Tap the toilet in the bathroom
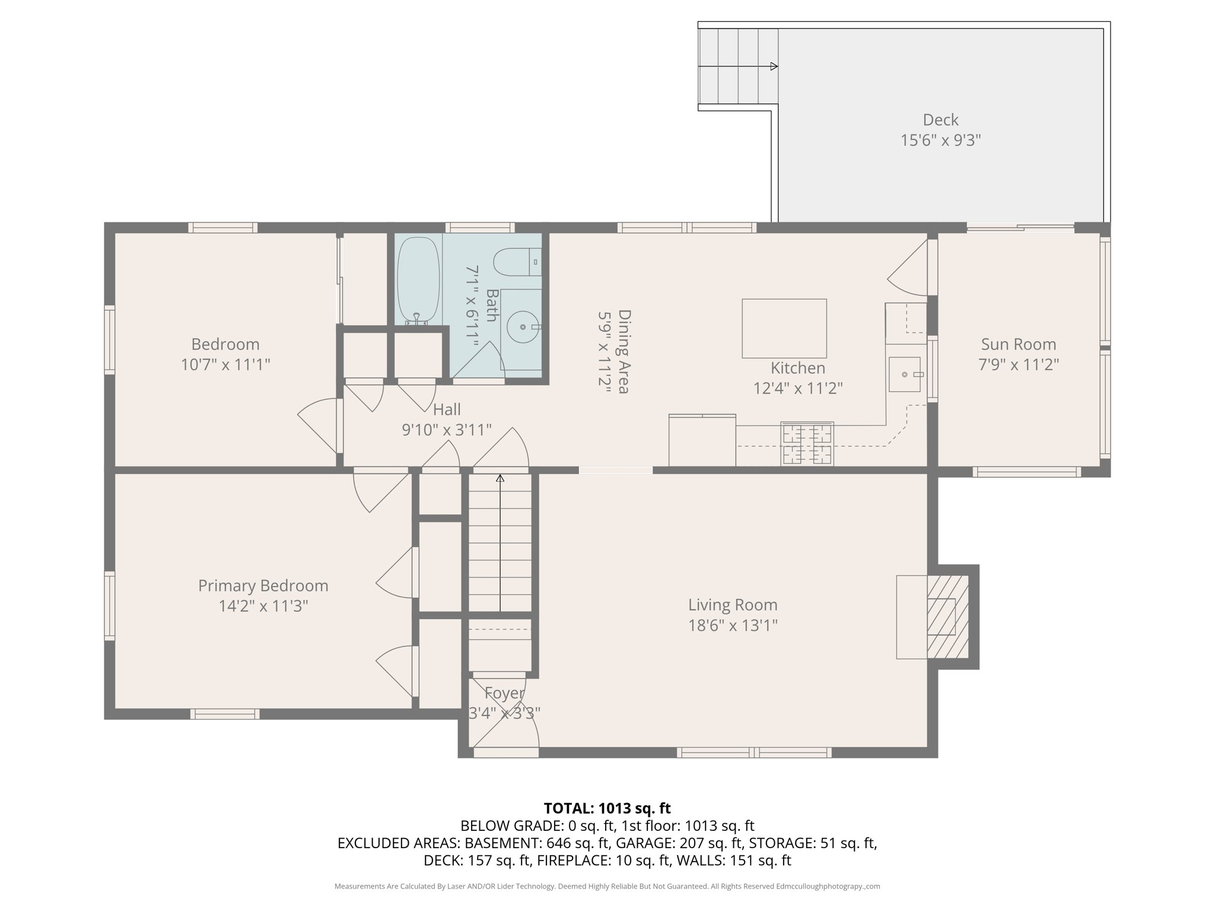click(516, 262)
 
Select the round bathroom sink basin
click(523, 327)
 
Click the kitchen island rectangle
click(784, 328)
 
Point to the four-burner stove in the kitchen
click(807, 443)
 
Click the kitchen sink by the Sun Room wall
click(904, 374)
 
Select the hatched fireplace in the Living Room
click(947, 617)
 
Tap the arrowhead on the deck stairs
click(774, 66)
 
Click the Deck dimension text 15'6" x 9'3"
click(940, 141)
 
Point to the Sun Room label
click(1018, 344)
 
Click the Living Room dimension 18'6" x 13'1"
click(733, 625)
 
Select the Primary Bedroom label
click(263, 585)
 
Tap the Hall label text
click(447, 409)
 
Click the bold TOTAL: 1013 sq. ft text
click(607, 808)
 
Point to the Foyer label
click(504, 693)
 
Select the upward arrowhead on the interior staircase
click(500, 478)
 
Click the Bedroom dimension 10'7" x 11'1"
click(225, 364)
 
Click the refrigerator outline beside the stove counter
click(702, 441)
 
